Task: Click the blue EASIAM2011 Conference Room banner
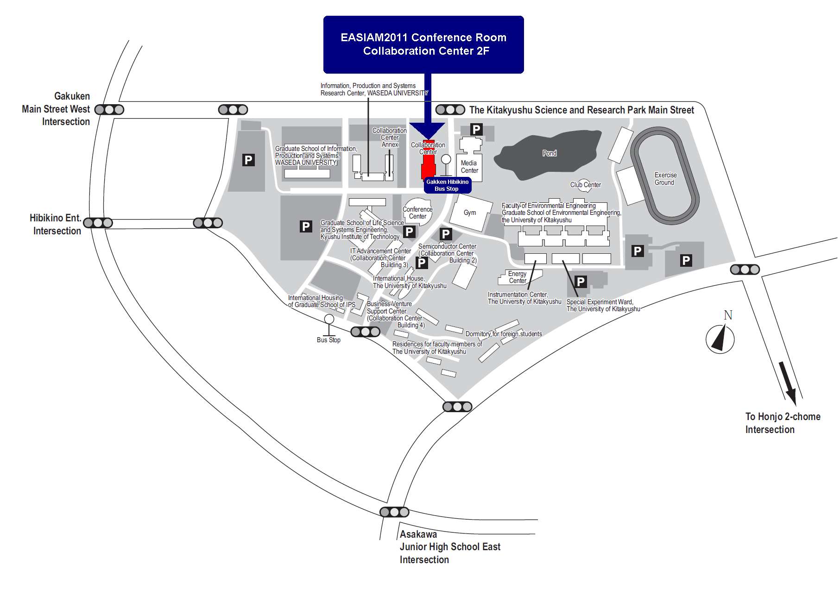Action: point(423,44)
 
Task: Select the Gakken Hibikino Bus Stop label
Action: point(448,185)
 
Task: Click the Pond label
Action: point(549,153)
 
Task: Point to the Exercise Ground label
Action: point(665,179)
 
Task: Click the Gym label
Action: point(470,213)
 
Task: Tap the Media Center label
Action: point(469,167)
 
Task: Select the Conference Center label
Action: point(417,213)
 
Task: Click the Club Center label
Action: point(586,185)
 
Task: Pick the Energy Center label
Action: point(518,277)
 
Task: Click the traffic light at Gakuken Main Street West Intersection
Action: point(109,110)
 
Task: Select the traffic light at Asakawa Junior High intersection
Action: point(394,512)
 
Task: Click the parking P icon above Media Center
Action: point(476,129)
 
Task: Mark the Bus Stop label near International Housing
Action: point(328,340)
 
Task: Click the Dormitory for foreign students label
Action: point(504,334)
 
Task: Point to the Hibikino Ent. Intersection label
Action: point(56,224)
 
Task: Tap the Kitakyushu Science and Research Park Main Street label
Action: point(581,110)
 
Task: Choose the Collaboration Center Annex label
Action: point(390,138)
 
